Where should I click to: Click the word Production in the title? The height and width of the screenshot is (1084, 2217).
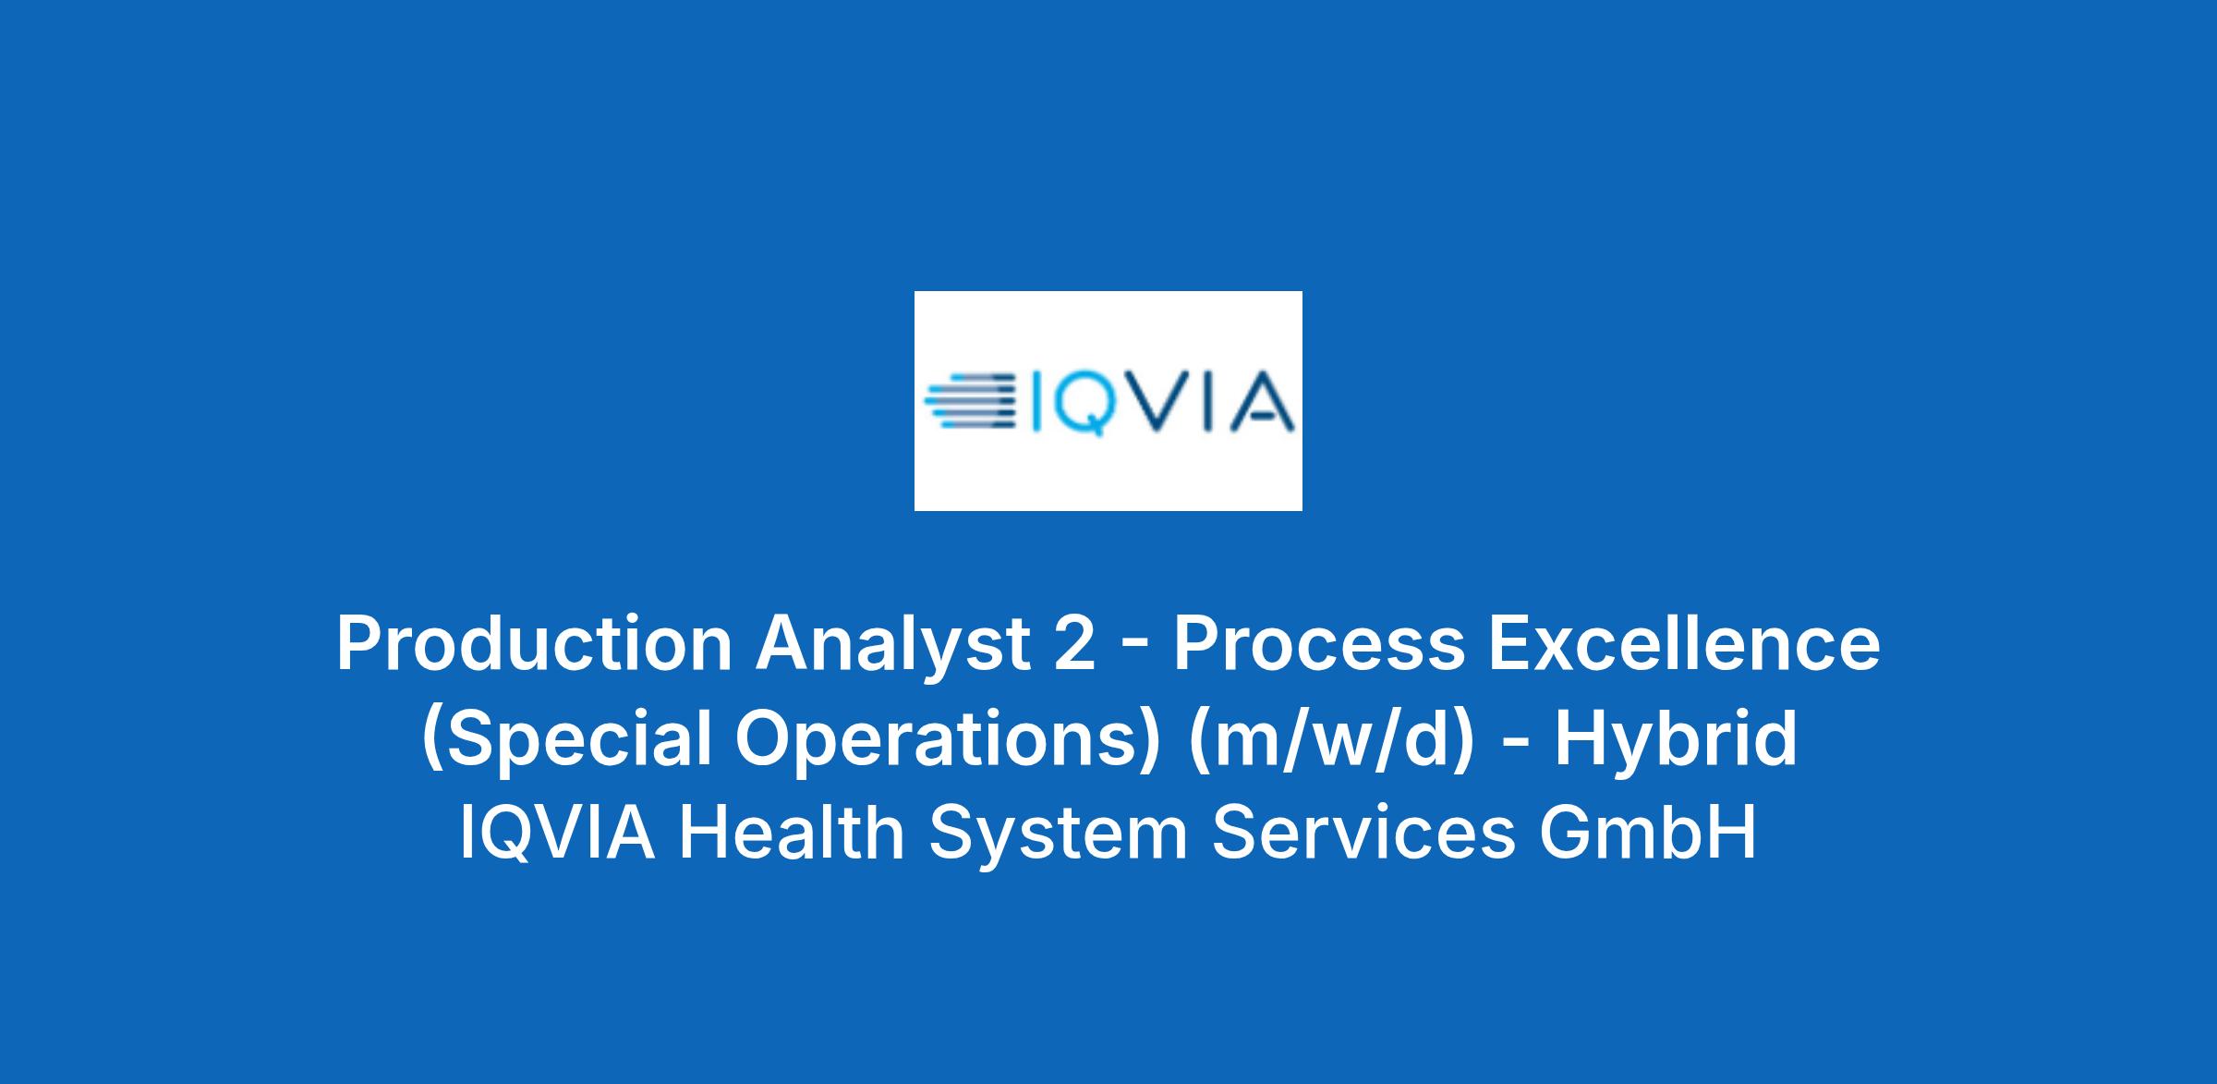(x=535, y=644)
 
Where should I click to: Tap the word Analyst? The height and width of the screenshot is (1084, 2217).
(x=893, y=644)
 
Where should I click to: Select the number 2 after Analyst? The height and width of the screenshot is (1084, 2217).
(x=1075, y=643)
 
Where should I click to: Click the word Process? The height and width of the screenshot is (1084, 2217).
(x=1319, y=644)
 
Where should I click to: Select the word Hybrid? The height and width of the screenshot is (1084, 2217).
(x=1677, y=739)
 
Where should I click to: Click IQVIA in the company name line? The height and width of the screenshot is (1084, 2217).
(x=558, y=834)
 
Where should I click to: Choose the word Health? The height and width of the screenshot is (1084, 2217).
(x=792, y=833)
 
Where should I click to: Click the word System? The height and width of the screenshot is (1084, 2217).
(x=1059, y=835)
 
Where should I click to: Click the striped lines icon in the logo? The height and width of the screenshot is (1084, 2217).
(x=970, y=400)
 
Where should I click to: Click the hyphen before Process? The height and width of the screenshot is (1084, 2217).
(x=1135, y=650)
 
